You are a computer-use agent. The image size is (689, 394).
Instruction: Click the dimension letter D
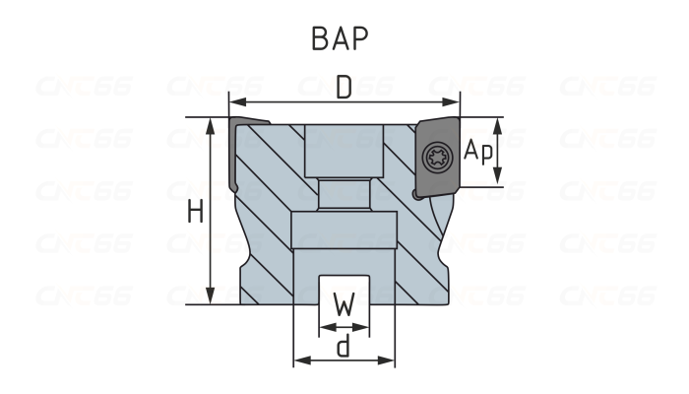(x=344, y=89)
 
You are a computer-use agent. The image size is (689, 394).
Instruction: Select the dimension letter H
(x=195, y=212)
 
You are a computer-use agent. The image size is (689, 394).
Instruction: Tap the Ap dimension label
(x=476, y=151)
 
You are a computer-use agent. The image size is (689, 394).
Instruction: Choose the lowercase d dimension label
(x=344, y=345)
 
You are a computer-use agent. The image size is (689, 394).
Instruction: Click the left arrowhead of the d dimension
(x=299, y=361)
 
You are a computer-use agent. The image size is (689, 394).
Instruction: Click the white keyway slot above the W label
(x=344, y=286)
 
